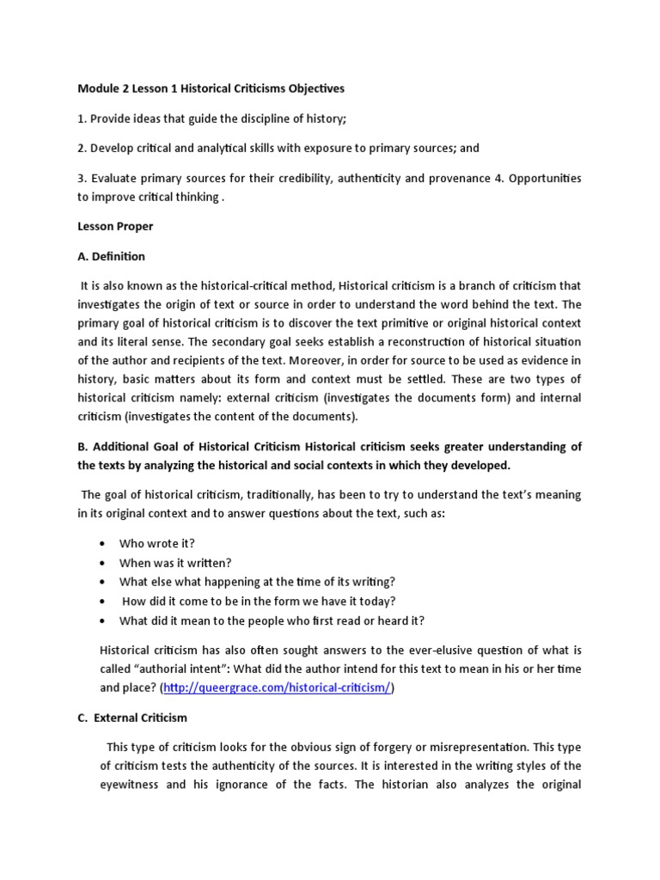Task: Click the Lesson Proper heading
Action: (x=115, y=227)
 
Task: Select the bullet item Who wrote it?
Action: (x=157, y=543)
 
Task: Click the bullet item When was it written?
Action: (x=175, y=563)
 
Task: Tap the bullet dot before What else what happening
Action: (x=103, y=582)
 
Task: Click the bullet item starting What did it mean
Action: (x=272, y=620)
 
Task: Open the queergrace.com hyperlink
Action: (x=280, y=688)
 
